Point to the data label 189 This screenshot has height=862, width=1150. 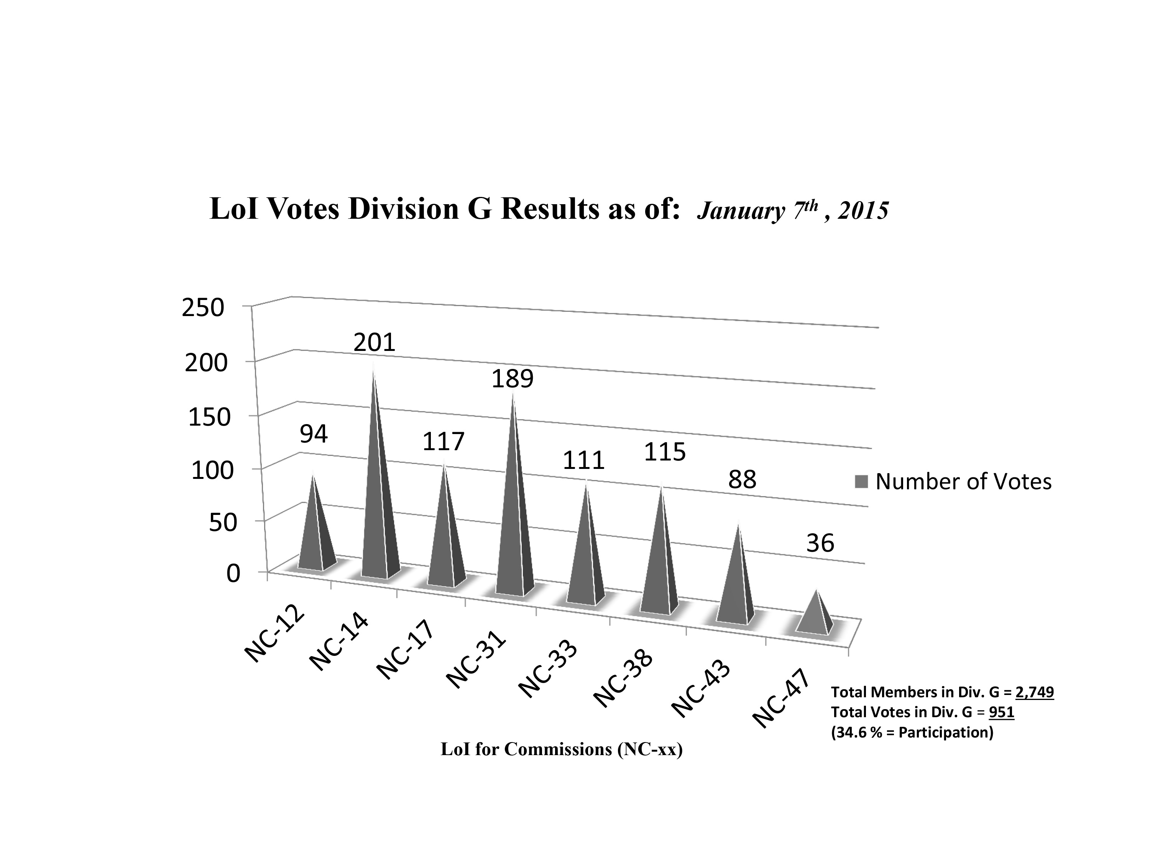point(513,379)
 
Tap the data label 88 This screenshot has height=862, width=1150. point(742,480)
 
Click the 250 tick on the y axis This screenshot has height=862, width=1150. point(203,308)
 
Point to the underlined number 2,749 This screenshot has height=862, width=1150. point(1035,693)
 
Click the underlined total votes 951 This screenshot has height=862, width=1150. point(1001,712)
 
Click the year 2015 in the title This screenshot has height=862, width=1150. point(863,211)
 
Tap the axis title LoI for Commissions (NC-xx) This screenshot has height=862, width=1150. point(562,749)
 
